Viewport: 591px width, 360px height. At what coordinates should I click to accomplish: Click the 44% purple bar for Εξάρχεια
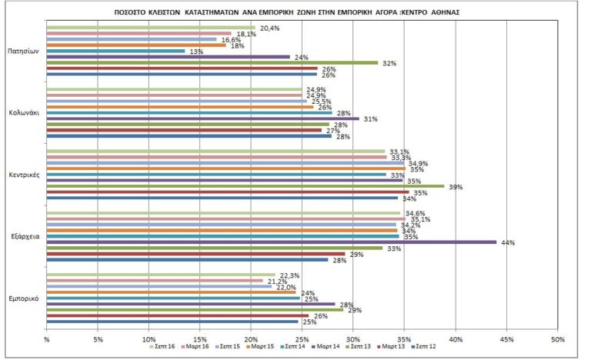click(x=269, y=242)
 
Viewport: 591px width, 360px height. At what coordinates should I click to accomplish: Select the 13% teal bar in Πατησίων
click(x=115, y=51)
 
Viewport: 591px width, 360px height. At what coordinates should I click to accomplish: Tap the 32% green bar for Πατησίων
click(x=212, y=62)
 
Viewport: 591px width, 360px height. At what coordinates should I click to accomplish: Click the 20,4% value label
click(x=269, y=28)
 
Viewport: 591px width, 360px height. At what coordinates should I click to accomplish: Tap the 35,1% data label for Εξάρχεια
click(x=419, y=219)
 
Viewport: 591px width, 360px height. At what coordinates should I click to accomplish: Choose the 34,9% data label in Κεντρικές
click(x=418, y=164)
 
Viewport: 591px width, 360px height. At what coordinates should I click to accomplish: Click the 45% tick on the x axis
click(x=506, y=338)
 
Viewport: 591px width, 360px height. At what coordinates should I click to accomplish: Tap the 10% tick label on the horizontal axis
click(x=149, y=338)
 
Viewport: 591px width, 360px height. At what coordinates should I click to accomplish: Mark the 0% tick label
click(x=47, y=338)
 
